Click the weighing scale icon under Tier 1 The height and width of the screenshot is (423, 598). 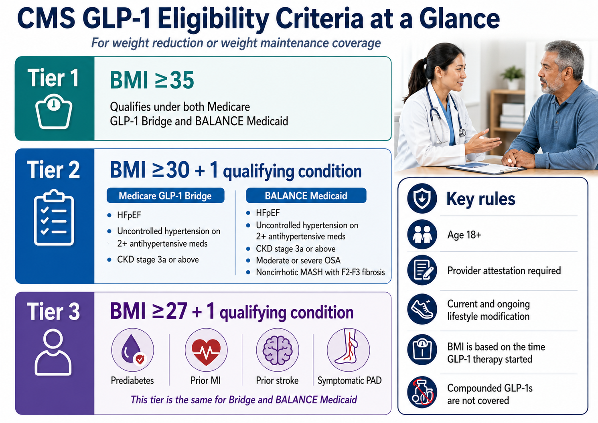(x=54, y=112)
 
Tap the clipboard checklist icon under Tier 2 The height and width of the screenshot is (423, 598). (x=54, y=218)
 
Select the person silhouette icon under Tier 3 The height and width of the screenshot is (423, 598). (x=53, y=352)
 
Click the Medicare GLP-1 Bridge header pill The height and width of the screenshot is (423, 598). (x=165, y=196)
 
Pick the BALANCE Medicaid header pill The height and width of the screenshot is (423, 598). (x=306, y=196)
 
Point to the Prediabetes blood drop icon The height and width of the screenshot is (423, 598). (x=132, y=350)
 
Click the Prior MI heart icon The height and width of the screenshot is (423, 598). (x=206, y=350)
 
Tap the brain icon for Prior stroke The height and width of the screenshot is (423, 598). (x=277, y=350)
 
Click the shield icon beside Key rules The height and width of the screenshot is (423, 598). (x=422, y=198)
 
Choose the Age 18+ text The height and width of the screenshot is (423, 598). (x=464, y=235)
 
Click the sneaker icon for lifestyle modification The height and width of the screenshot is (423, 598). (x=422, y=310)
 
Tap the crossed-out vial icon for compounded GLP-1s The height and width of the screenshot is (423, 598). (x=422, y=393)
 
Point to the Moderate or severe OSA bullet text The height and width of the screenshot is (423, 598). (x=298, y=260)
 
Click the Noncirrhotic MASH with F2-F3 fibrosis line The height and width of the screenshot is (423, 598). (x=320, y=272)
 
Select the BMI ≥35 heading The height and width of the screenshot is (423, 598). (x=152, y=80)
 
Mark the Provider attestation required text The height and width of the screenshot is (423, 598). (x=504, y=271)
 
